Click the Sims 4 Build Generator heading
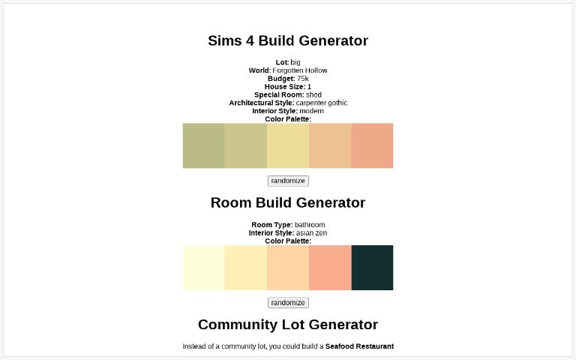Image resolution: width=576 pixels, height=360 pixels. click(x=288, y=40)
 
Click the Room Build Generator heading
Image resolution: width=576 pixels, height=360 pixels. click(x=288, y=202)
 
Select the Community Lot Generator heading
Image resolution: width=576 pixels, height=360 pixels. click(x=288, y=325)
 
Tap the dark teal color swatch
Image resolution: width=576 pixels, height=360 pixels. click(x=372, y=268)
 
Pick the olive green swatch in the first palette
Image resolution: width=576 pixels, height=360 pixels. click(x=203, y=145)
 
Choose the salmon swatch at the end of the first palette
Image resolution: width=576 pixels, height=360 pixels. click(x=372, y=145)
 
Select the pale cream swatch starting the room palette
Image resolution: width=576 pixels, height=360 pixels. click(x=203, y=268)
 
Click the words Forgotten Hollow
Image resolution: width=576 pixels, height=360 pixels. click(x=300, y=70)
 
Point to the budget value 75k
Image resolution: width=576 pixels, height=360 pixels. click(x=302, y=79)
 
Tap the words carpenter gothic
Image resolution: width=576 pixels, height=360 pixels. click(x=322, y=103)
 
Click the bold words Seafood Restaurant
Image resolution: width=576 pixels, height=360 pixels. click(x=359, y=346)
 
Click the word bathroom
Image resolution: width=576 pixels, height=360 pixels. click(x=310, y=225)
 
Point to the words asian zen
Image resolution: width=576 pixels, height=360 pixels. click(x=311, y=233)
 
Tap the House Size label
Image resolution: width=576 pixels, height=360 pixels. click(x=284, y=87)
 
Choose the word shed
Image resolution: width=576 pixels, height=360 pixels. click(x=313, y=94)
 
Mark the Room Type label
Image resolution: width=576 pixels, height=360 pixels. click(x=271, y=225)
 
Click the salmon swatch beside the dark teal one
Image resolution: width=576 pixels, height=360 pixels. click(x=330, y=268)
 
